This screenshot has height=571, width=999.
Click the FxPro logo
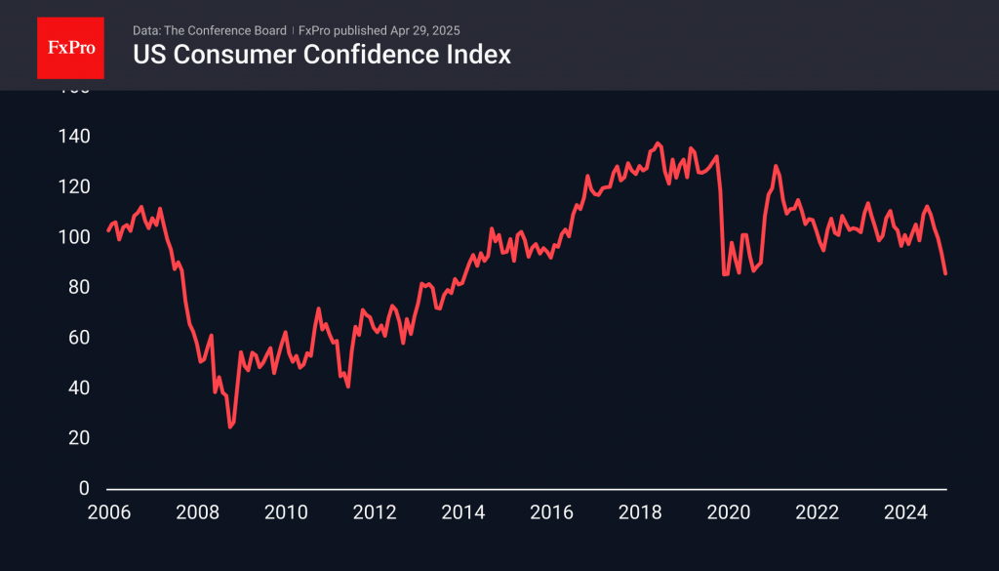point(70,48)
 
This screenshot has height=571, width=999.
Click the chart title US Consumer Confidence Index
point(322,55)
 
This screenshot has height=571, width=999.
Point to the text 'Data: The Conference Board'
point(210,30)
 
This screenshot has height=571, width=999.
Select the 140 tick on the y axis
point(76,137)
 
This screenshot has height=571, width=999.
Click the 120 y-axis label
point(76,186)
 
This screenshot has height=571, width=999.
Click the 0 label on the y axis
point(85,488)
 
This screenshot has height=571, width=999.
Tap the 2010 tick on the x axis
point(285,512)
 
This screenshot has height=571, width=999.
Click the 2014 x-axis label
point(462,512)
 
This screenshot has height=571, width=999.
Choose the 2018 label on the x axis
point(640,512)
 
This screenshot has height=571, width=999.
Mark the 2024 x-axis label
point(906,512)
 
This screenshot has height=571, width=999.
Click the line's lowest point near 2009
point(230,427)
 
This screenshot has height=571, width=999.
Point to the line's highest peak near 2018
point(658,143)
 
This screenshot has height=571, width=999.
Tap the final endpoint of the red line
point(945,273)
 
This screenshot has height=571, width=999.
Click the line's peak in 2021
point(776,166)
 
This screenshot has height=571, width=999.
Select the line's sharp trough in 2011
point(348,387)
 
